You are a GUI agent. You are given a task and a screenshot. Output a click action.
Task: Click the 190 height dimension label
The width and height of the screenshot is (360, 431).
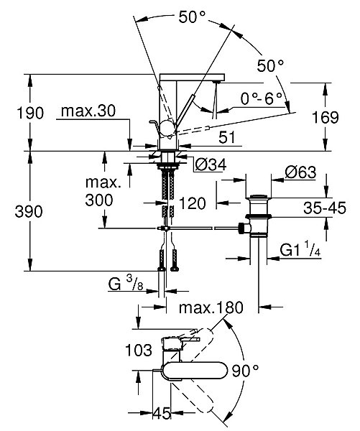(30, 113)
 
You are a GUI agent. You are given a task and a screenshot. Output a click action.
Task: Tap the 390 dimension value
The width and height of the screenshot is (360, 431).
(29, 212)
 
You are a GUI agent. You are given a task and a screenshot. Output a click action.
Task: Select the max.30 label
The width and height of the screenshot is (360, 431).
(88, 111)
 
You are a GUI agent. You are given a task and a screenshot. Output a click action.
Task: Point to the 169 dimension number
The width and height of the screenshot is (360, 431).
(326, 117)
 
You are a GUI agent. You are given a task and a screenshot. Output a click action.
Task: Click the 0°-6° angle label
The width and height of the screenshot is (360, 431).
(262, 98)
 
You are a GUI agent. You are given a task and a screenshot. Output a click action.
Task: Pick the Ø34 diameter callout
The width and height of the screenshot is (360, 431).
(211, 165)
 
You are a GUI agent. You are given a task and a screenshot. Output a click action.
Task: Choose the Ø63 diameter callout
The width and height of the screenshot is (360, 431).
(300, 172)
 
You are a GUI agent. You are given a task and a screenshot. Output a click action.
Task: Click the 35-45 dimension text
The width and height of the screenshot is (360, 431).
(325, 208)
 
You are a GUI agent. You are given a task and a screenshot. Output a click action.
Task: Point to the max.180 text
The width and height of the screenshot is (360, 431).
(211, 307)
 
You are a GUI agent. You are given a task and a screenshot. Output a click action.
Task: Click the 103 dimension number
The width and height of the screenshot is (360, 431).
(139, 351)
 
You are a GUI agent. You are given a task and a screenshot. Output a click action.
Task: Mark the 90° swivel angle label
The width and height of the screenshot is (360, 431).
(245, 371)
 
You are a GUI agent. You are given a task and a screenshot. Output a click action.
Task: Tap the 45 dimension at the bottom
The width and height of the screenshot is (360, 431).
(162, 413)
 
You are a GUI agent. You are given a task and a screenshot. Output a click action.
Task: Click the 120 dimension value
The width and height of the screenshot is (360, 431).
(193, 203)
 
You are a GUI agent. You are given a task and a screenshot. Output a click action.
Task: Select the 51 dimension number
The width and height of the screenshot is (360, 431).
(227, 137)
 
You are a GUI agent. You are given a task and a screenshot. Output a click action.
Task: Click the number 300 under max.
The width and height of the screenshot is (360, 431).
(99, 200)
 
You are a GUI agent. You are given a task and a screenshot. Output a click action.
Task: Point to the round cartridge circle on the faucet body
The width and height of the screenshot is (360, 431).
(167, 128)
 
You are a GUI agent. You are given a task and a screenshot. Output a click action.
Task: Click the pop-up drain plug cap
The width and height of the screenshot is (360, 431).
(259, 196)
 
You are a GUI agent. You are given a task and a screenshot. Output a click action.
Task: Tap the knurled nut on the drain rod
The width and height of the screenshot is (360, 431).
(241, 228)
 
